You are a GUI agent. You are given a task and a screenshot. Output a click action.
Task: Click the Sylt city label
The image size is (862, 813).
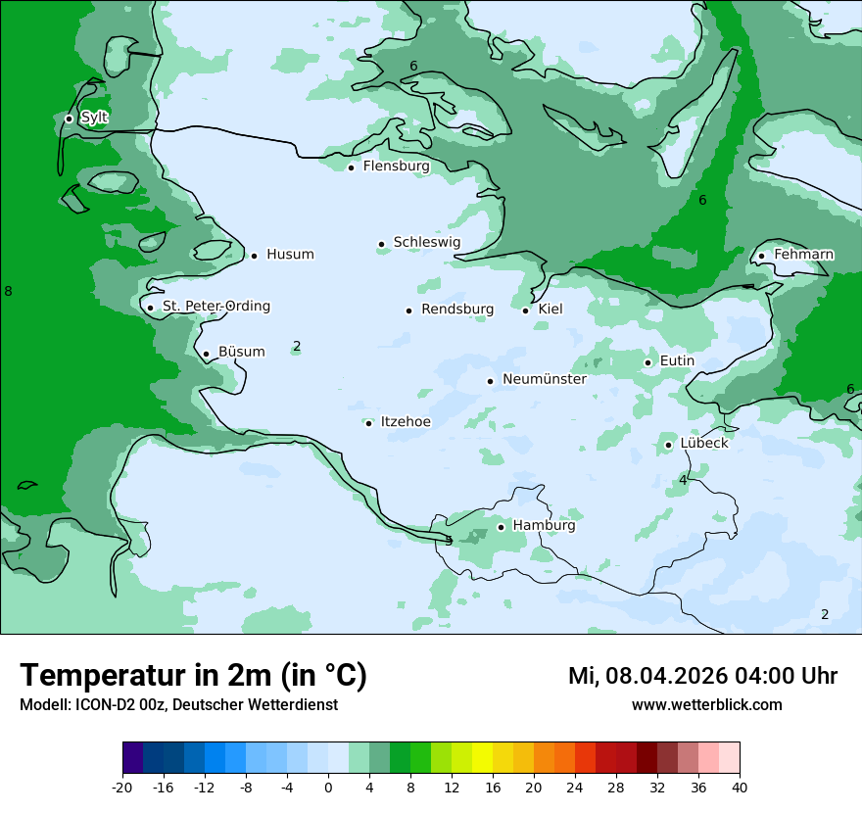click(x=94, y=118)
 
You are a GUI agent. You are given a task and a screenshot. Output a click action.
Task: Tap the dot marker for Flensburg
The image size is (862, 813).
click(x=351, y=167)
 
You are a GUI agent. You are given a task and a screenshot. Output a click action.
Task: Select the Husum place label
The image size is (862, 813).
click(x=290, y=255)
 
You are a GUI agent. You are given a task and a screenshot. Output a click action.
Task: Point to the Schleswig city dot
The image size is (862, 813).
click(x=381, y=244)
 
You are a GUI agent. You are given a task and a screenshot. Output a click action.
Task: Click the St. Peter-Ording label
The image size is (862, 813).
click(x=215, y=307)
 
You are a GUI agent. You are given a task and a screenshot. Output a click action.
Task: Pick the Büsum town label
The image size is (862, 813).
click(x=241, y=352)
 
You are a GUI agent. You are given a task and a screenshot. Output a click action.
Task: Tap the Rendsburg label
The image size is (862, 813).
click(x=457, y=310)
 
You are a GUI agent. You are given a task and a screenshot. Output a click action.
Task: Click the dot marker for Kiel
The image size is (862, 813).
click(x=525, y=311)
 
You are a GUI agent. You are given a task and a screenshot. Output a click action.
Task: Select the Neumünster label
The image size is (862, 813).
click(x=545, y=379)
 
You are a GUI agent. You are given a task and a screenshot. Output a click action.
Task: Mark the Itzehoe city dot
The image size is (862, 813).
click(x=368, y=423)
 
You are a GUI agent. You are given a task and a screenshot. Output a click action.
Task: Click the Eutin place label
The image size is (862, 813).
click(x=677, y=361)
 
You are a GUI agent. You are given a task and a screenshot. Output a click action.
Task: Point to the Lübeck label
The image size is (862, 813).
click(x=703, y=443)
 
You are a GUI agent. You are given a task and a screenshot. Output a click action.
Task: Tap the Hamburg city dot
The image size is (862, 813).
click(x=501, y=527)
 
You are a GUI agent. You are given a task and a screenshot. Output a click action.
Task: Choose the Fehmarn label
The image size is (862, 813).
click(x=803, y=255)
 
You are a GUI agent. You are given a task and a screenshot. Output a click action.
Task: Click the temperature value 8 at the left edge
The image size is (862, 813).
click(x=8, y=291)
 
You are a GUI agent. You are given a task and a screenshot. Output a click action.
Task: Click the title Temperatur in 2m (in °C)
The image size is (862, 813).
click(x=193, y=676)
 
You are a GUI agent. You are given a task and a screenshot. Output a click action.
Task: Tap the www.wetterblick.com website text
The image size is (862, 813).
click(x=706, y=705)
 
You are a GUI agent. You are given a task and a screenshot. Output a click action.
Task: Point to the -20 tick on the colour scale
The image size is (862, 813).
click(x=122, y=788)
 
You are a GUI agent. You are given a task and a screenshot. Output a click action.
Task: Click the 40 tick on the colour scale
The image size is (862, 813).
click(x=740, y=788)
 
